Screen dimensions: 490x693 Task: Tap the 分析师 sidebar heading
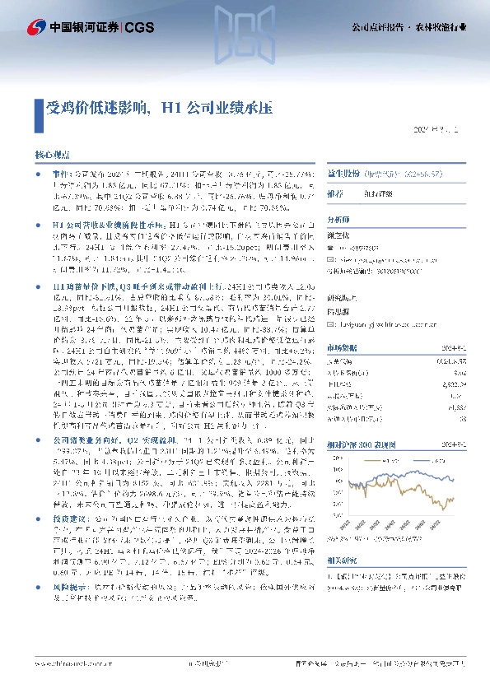tap(338, 220)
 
